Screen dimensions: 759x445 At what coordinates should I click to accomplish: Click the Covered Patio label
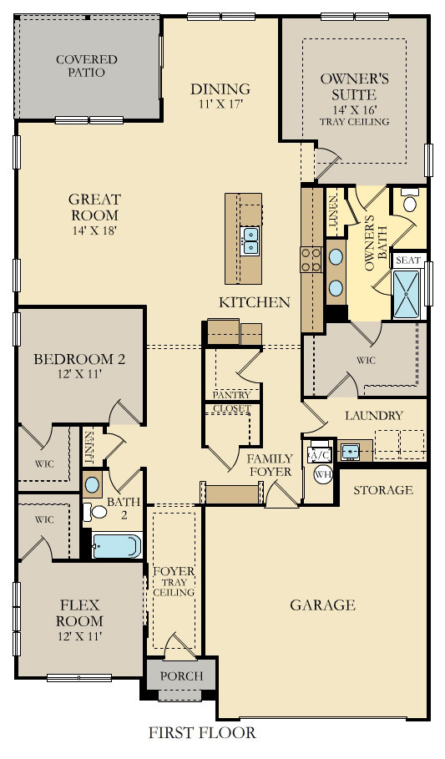point(86,66)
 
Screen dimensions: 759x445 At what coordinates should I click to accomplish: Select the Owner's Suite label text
point(355,99)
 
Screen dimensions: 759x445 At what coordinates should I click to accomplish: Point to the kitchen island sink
point(250,240)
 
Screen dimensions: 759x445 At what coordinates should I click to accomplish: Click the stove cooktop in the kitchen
point(311,260)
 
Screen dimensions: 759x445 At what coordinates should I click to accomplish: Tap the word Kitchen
point(255,302)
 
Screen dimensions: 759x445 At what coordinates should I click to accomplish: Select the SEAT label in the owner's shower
point(408,261)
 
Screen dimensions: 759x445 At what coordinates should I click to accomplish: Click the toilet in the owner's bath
point(410,202)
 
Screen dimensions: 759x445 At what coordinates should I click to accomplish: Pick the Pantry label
point(232,394)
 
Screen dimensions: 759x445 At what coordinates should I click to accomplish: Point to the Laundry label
point(373,415)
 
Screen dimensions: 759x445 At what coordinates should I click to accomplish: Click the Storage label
point(383,490)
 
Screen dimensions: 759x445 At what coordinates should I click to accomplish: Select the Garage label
point(322,605)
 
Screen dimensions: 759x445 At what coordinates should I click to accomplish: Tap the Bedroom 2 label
point(79,367)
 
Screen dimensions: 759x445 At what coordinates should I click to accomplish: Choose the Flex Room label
point(80,613)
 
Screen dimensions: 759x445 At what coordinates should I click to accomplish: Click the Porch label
point(180,676)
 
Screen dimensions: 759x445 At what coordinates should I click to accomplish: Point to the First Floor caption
point(202,733)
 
